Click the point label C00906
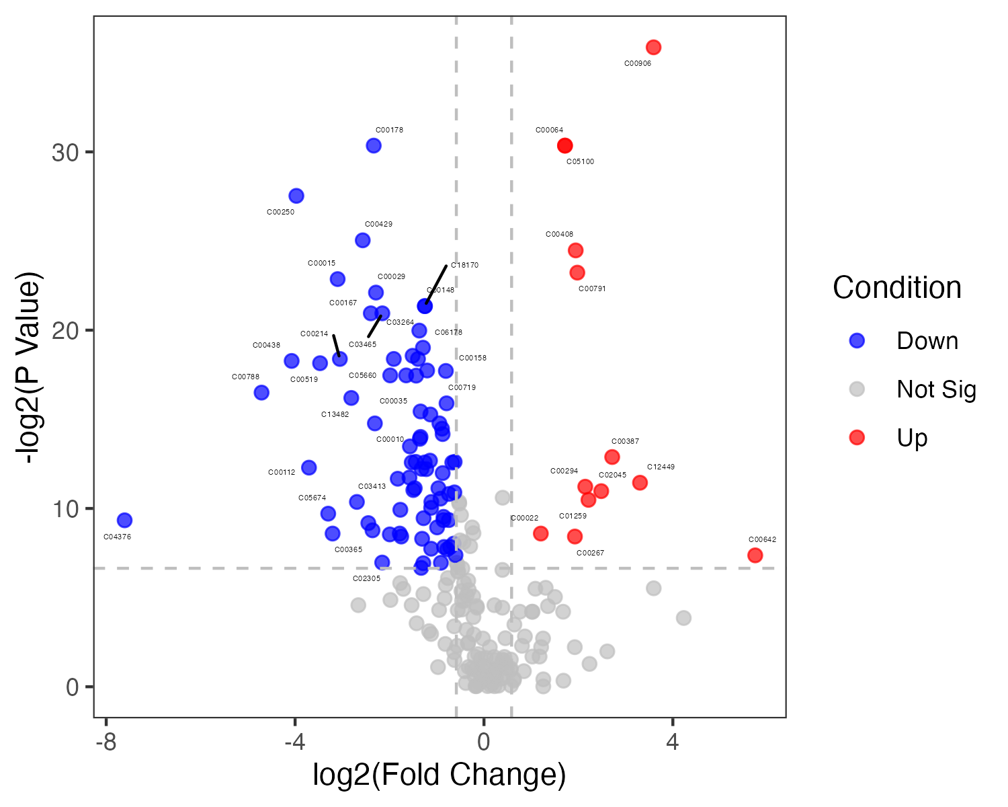click(x=638, y=64)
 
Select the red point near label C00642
click(x=755, y=555)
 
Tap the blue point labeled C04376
click(x=124, y=520)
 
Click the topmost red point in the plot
click(x=653, y=47)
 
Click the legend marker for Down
click(x=857, y=340)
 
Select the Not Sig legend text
click(x=936, y=389)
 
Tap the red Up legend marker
click(x=857, y=438)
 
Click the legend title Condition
click(x=897, y=288)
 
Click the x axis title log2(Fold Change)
click(x=439, y=775)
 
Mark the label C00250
click(x=280, y=213)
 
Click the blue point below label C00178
click(x=374, y=146)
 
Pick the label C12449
click(x=661, y=467)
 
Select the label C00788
click(x=245, y=377)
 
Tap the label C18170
click(x=464, y=265)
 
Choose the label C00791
click(x=592, y=289)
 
